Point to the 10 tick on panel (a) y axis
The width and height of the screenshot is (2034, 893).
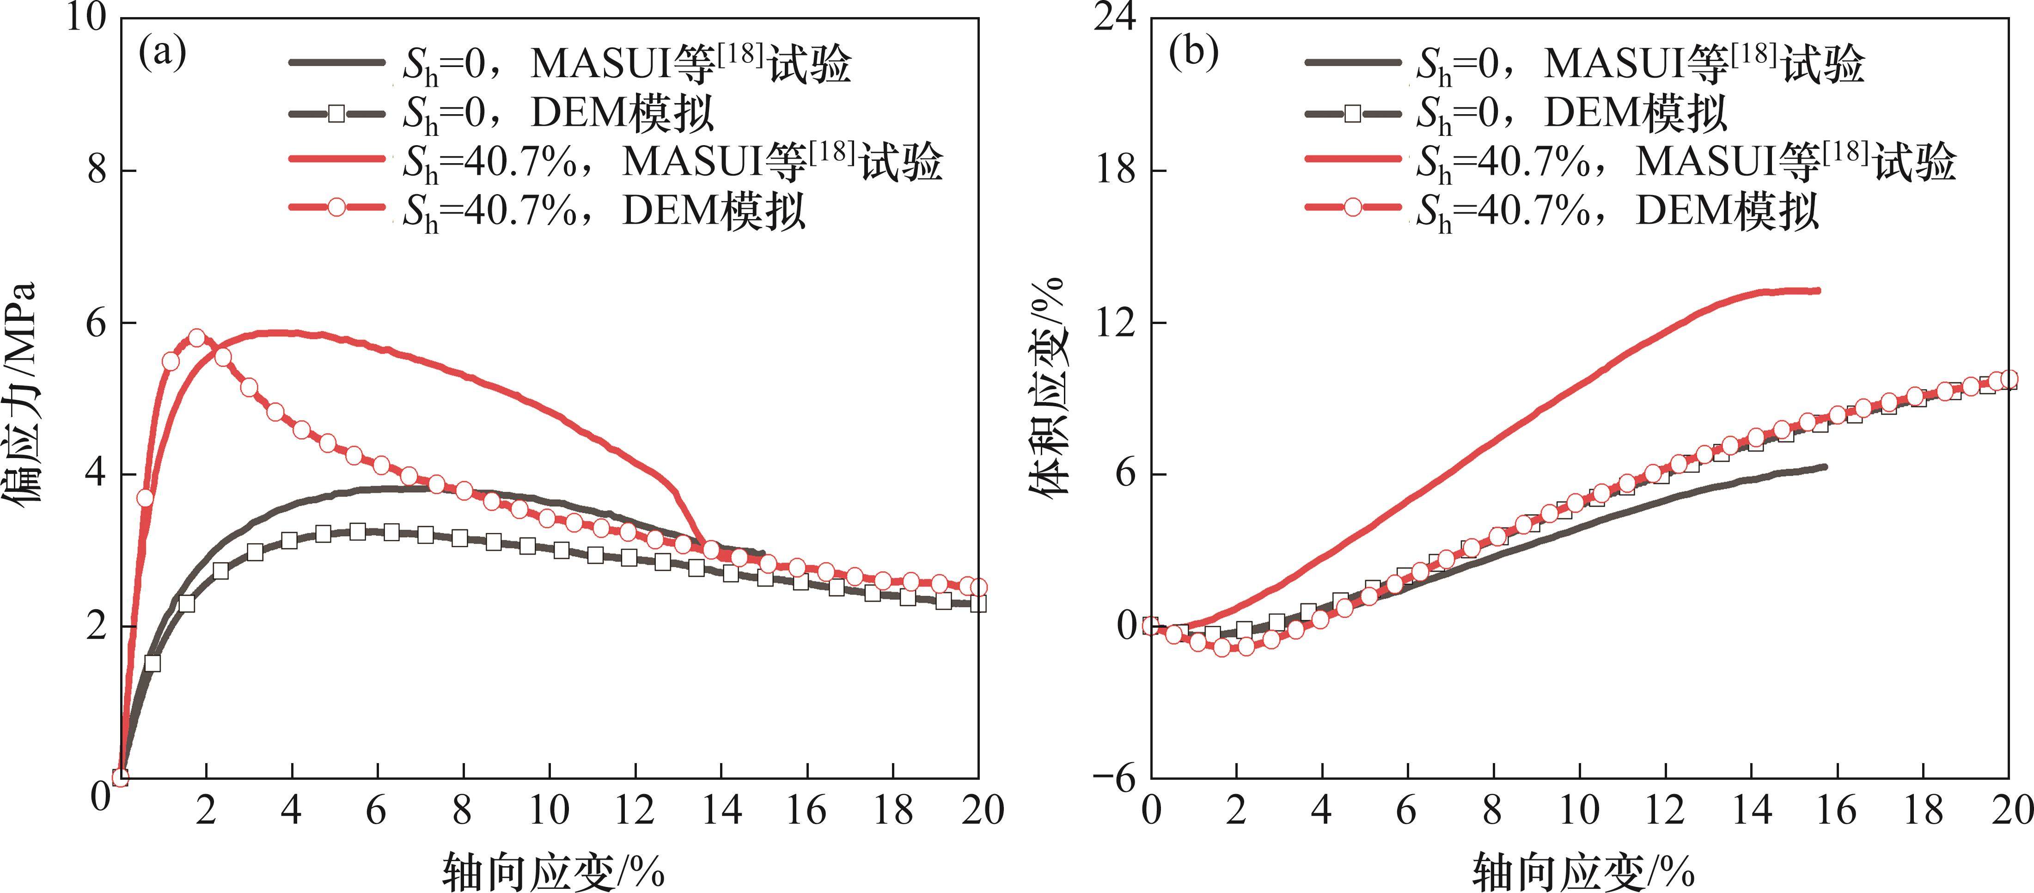click(86, 18)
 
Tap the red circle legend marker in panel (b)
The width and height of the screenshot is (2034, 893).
click(1353, 208)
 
